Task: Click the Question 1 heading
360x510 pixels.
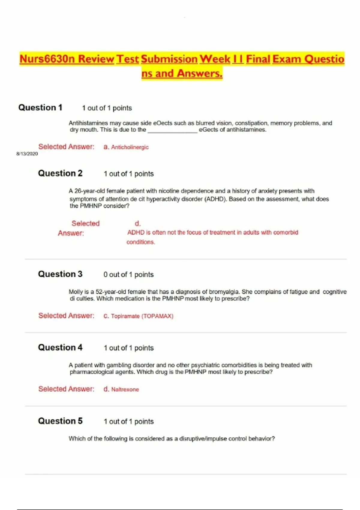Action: tap(40, 107)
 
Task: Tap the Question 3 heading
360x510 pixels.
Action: tap(60, 274)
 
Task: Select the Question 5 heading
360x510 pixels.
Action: tap(60, 421)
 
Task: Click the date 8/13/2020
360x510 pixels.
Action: tap(27, 154)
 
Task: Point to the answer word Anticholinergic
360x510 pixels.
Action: tap(130, 147)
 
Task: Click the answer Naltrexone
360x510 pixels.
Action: tap(125, 389)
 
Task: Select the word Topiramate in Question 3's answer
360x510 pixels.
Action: tap(125, 316)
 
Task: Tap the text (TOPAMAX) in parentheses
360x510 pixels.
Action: tap(157, 316)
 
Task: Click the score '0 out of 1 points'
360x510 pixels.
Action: tap(128, 274)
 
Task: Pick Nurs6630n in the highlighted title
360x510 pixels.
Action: tap(47, 59)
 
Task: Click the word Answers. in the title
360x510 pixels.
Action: tap(199, 73)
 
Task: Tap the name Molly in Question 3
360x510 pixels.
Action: tap(75, 292)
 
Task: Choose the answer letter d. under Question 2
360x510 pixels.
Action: tap(138, 223)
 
